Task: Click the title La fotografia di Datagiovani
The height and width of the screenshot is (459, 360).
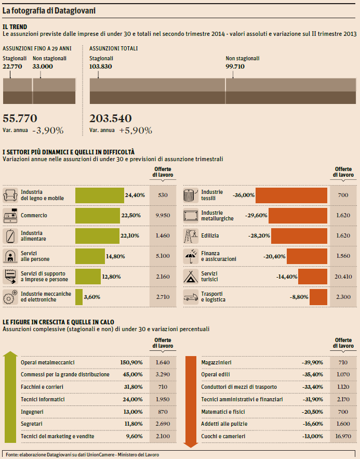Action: [42, 10]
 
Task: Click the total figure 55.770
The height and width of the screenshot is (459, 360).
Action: [20, 119]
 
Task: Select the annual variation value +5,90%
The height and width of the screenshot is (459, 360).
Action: [136, 130]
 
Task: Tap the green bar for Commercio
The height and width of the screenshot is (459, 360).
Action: [98, 215]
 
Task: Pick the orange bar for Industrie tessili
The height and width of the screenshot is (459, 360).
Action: [291, 195]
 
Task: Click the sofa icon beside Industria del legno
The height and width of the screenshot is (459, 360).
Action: [10, 195]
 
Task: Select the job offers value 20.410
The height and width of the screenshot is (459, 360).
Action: [342, 277]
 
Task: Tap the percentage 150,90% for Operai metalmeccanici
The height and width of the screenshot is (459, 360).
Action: [131, 362]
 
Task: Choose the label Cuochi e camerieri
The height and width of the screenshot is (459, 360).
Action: [223, 436]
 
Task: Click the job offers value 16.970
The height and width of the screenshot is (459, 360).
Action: [342, 436]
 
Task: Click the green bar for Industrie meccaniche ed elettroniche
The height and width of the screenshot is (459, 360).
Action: [79, 297]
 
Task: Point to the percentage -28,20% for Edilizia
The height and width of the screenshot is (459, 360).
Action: [258, 235]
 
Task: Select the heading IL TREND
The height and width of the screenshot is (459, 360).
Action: [15, 25]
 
